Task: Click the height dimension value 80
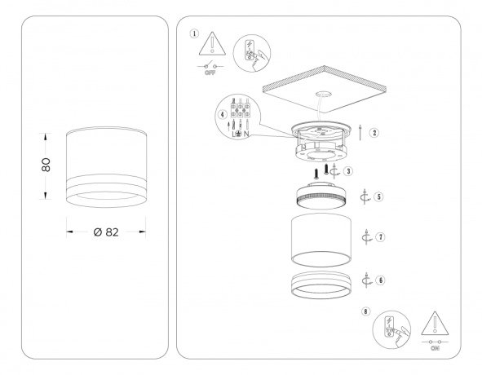click(x=46, y=163)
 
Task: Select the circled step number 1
click(x=194, y=34)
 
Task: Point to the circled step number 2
click(x=374, y=132)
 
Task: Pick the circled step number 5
click(x=379, y=197)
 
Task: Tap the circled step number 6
click(x=380, y=279)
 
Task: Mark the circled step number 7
click(x=380, y=236)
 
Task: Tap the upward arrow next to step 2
click(x=360, y=132)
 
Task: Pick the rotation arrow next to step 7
click(x=366, y=236)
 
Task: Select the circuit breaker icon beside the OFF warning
click(x=251, y=51)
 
